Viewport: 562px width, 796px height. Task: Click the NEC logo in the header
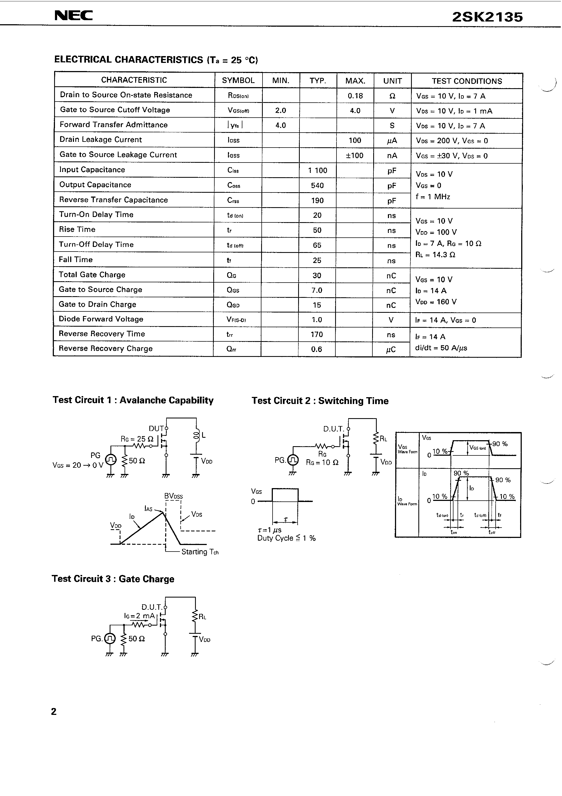click(73, 16)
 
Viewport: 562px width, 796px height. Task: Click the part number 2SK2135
click(487, 17)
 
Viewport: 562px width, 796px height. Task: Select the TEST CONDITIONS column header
click(467, 81)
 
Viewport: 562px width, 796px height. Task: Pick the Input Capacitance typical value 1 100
click(317, 170)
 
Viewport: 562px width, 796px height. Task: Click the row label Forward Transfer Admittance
click(114, 125)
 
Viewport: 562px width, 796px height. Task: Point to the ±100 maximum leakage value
click(354, 155)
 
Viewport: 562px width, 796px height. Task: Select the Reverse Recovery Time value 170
click(317, 335)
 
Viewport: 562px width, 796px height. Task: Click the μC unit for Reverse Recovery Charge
click(391, 350)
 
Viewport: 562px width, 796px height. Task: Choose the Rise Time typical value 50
click(317, 230)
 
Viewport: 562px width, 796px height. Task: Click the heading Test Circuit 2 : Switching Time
click(320, 401)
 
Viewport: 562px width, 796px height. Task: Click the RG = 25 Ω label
click(137, 439)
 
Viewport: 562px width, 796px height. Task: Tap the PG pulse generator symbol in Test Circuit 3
click(110, 638)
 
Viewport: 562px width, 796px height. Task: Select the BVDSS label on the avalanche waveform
click(174, 496)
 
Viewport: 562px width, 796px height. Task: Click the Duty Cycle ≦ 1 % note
click(286, 538)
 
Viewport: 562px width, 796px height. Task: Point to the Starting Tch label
click(200, 552)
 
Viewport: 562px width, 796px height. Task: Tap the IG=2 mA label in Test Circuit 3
click(140, 616)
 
